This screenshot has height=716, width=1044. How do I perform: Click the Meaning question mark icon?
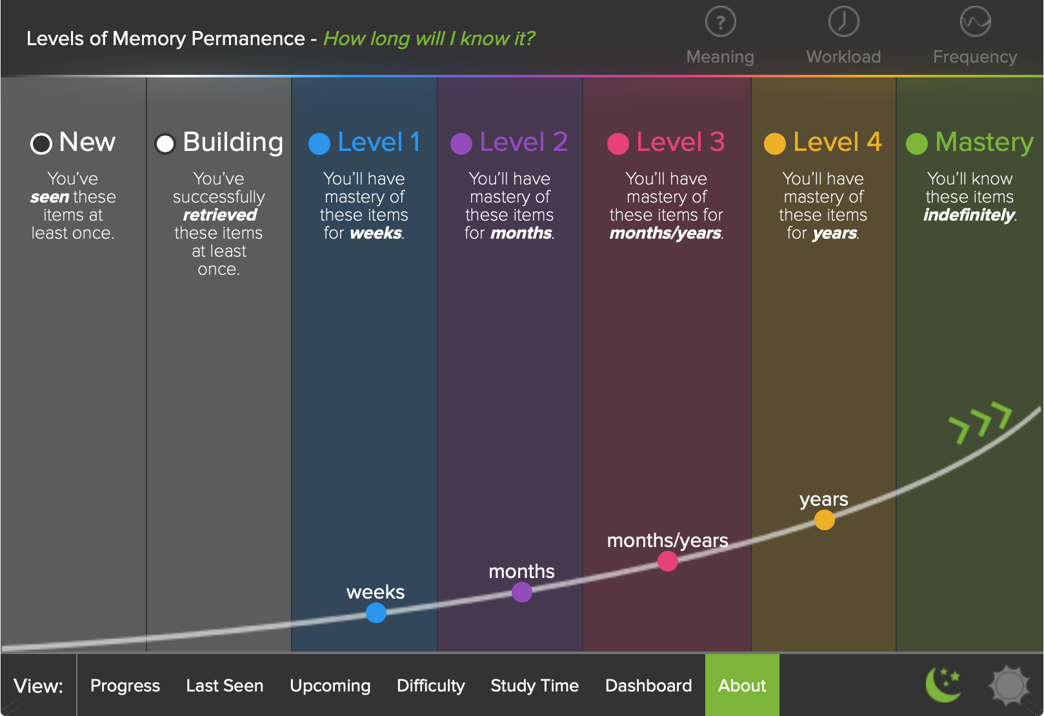click(720, 22)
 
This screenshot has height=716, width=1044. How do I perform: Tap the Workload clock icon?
click(843, 22)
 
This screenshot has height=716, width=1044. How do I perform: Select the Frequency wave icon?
click(975, 22)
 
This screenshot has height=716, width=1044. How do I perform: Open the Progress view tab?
click(125, 686)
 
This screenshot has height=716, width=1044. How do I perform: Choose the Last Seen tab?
click(225, 686)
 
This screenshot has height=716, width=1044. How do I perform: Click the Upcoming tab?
click(330, 686)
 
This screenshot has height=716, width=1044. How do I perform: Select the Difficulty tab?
click(430, 686)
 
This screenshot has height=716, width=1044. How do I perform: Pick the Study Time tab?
click(534, 686)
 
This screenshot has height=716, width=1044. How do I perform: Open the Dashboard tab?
click(648, 686)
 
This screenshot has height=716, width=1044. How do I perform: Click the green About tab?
click(742, 686)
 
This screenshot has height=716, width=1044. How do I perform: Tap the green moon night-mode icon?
click(943, 684)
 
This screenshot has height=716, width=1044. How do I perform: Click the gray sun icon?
click(1009, 684)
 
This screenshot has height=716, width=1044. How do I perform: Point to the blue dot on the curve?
click(376, 613)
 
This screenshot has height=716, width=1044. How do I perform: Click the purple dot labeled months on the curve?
click(522, 592)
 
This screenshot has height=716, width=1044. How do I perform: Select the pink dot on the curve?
click(668, 561)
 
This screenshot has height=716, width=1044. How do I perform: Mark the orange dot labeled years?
click(824, 520)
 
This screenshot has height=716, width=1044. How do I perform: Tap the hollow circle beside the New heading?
click(41, 143)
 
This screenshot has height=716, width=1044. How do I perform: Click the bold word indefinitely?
click(969, 215)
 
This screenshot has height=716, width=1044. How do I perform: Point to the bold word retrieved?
click(219, 215)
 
